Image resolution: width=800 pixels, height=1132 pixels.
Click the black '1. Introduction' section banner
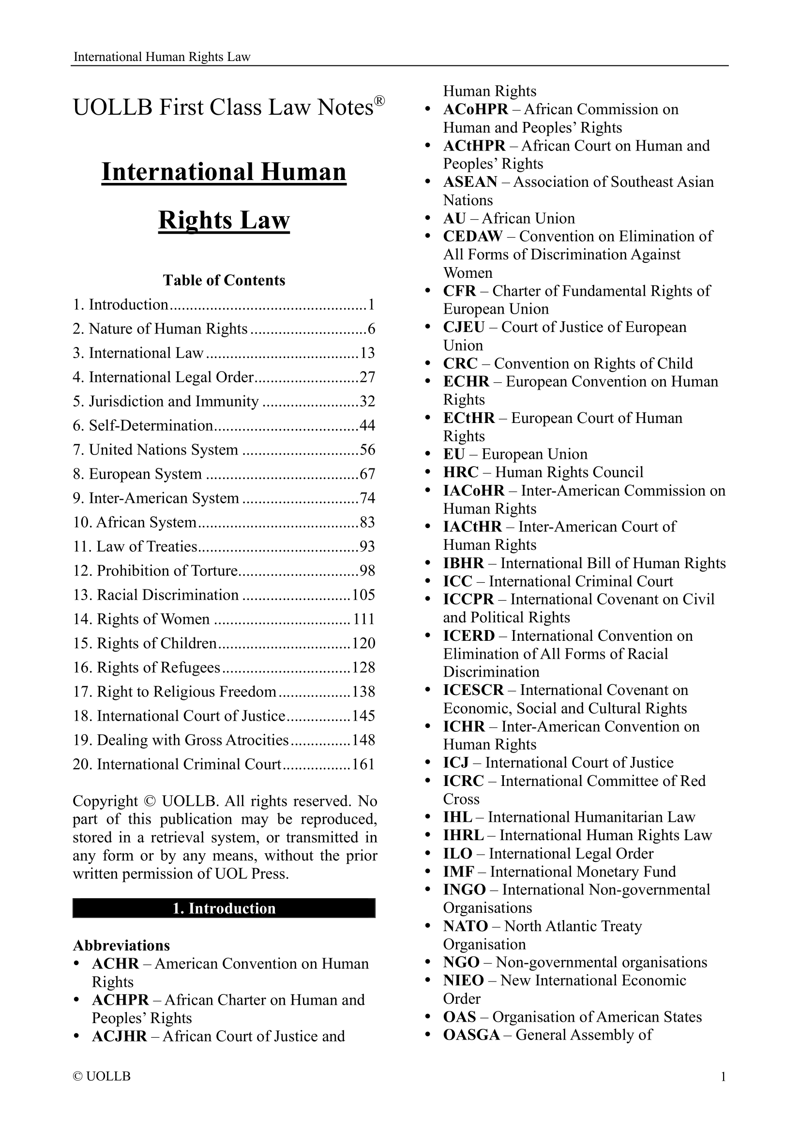point(224,908)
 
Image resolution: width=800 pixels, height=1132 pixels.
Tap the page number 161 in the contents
point(364,764)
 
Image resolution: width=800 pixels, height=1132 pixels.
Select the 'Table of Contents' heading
point(224,280)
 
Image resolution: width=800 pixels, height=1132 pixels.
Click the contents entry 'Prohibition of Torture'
point(167,571)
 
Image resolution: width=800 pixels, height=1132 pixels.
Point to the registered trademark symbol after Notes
point(379,101)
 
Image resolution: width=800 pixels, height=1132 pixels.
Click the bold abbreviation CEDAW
point(472,236)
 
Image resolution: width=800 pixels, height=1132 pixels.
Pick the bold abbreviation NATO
point(465,926)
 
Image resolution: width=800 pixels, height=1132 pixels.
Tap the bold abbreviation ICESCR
point(473,690)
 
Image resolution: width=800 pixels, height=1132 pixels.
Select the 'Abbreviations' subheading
point(121,945)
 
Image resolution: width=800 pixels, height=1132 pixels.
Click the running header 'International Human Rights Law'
point(162,57)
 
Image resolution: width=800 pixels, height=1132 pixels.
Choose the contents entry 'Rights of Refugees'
point(158,667)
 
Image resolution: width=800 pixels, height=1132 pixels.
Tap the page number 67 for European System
point(368,474)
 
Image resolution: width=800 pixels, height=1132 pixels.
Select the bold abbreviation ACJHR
point(119,1036)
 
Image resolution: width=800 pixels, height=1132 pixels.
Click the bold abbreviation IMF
point(458,871)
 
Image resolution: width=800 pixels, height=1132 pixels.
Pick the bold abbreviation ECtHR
point(469,418)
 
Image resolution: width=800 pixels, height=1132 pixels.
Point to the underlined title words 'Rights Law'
point(224,220)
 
